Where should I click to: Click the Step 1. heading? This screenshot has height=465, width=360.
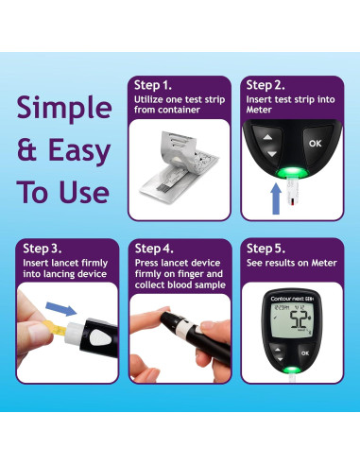tap(153, 85)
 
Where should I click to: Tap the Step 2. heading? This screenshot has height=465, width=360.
tap(266, 85)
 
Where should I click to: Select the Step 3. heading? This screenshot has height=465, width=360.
tap(43, 249)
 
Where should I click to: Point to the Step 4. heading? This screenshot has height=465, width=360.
tap(154, 249)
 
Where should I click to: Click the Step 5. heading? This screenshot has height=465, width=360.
tap(266, 249)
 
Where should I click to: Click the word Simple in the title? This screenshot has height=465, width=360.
tap(64, 108)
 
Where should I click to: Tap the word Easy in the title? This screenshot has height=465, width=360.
tap(79, 152)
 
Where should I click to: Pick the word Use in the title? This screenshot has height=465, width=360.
tap(84, 192)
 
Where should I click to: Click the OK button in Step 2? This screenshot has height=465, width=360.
tap(315, 144)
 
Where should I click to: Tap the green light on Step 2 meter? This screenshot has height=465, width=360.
tap(292, 172)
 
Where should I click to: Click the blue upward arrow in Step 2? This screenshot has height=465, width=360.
tap(276, 199)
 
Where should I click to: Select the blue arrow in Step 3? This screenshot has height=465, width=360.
tap(61, 309)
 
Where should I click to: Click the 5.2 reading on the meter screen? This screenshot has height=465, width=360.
tap(299, 319)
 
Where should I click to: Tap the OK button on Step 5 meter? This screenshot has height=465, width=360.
tap(305, 353)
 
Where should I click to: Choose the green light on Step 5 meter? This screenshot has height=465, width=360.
tap(292, 370)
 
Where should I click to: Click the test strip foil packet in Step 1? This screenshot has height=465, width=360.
tap(180, 168)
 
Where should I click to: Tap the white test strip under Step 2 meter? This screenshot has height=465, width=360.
tap(292, 191)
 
